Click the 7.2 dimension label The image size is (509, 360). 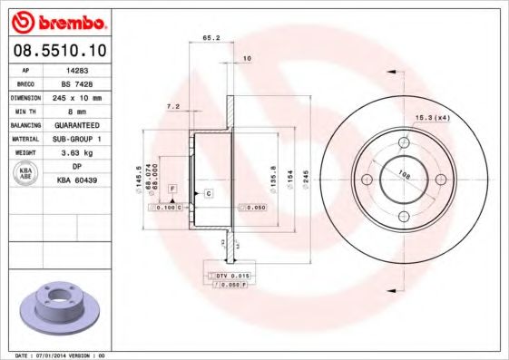click(173, 106)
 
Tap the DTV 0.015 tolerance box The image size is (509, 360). click(232, 274)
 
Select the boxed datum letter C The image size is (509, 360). click(209, 194)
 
